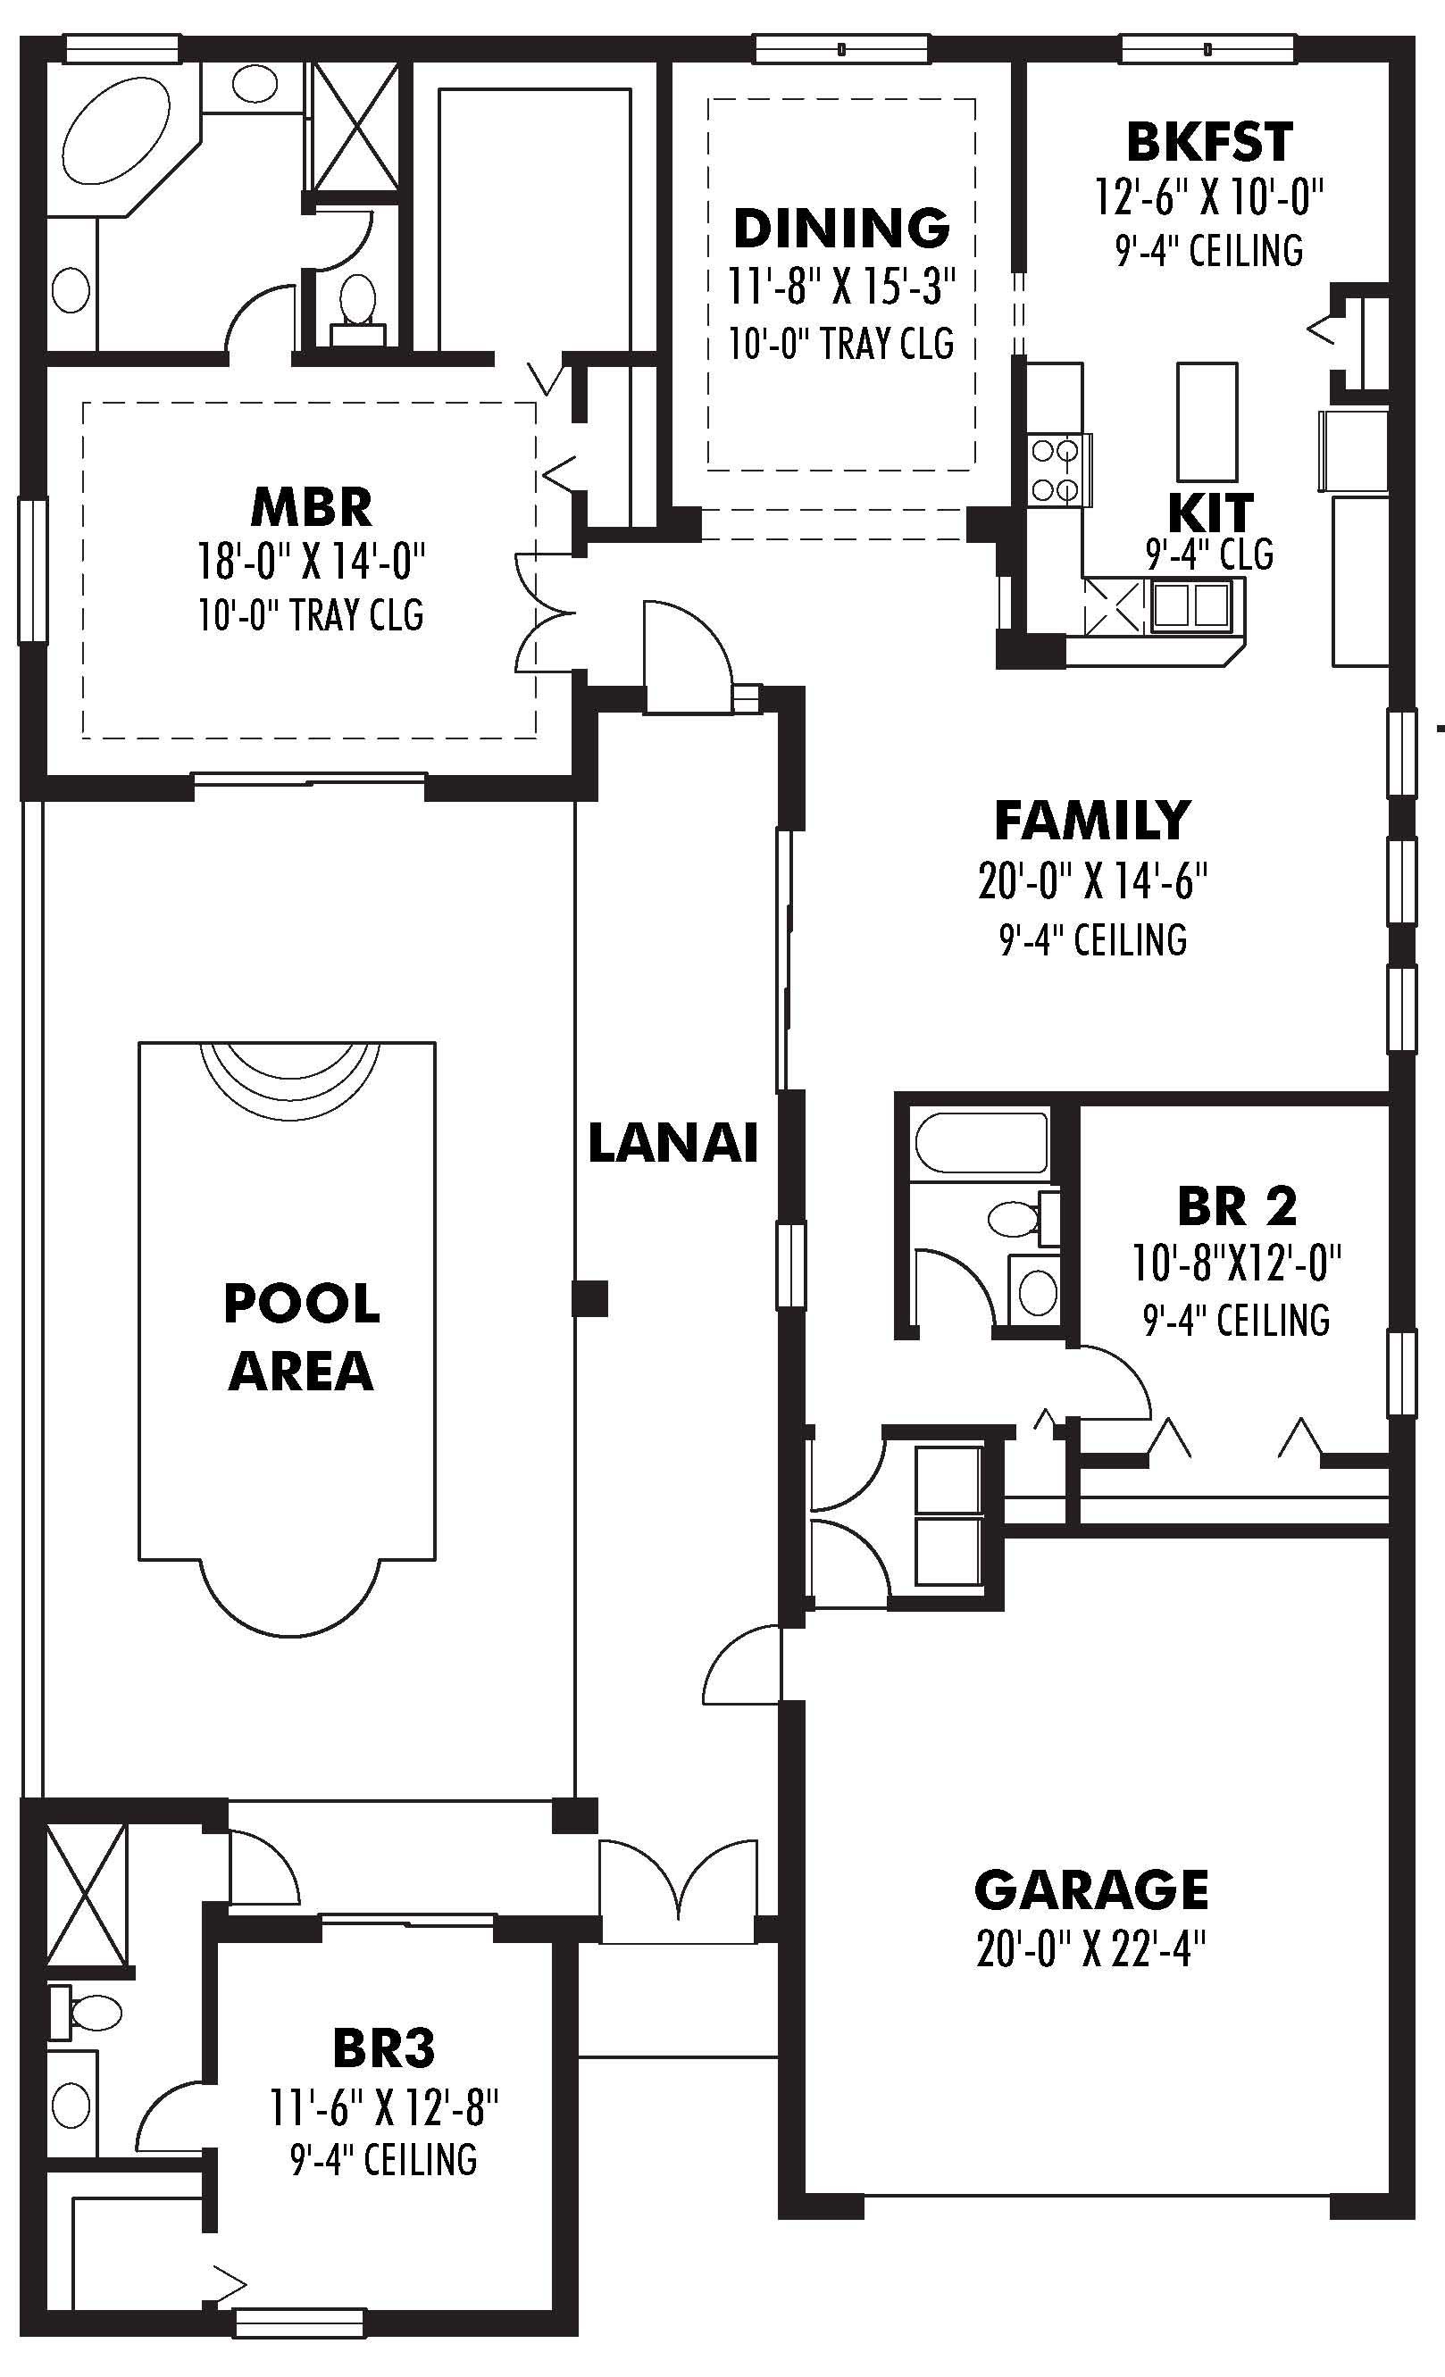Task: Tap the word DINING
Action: (841, 229)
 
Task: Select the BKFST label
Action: (1208, 143)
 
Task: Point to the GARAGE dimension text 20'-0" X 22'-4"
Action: (1090, 1949)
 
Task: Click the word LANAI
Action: (672, 1143)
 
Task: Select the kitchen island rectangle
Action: (1207, 421)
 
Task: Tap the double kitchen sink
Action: (1191, 605)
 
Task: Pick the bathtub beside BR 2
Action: (980, 1144)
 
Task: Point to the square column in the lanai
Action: (589, 1298)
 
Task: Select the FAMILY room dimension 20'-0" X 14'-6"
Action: (1092, 880)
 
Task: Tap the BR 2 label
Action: (1236, 1205)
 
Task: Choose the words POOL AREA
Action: (301, 1337)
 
